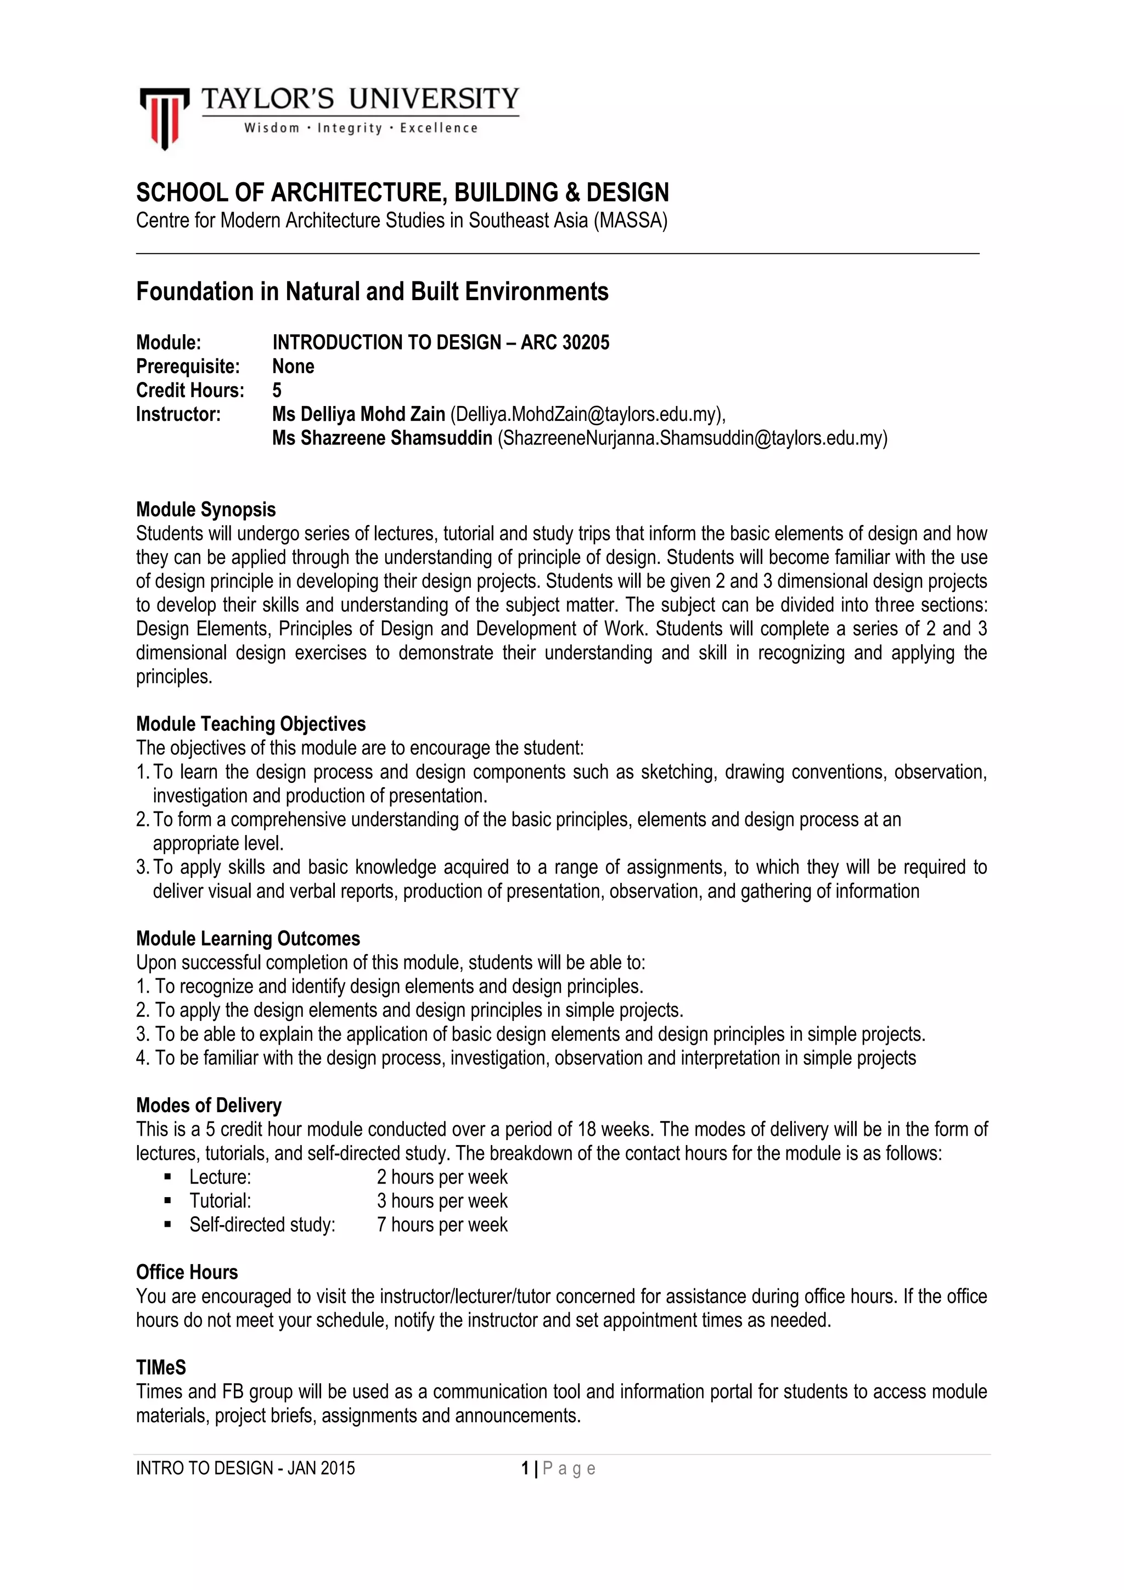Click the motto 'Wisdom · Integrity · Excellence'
(x=360, y=128)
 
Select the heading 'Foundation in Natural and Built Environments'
(x=372, y=291)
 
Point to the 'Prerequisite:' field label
(x=188, y=367)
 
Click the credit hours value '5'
(x=277, y=391)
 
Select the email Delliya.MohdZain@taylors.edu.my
(x=587, y=414)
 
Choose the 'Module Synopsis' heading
(x=206, y=510)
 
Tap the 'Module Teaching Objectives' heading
(x=251, y=724)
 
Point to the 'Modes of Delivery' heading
(x=209, y=1105)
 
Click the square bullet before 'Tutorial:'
(x=167, y=1202)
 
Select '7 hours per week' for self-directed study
(x=442, y=1225)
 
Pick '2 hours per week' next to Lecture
(x=442, y=1177)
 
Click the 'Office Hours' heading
(x=187, y=1272)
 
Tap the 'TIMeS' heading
(x=161, y=1368)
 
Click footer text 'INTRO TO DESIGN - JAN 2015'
(x=245, y=1468)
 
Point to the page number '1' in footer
(x=525, y=1468)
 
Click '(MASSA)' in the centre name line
(x=630, y=221)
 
